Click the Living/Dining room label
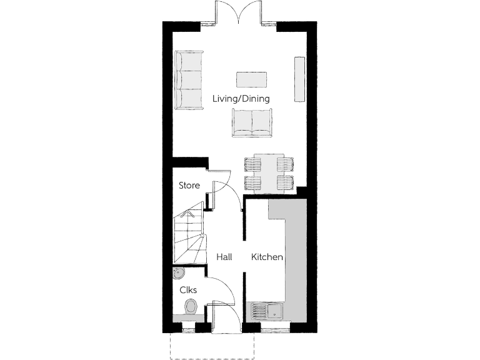(x=241, y=99)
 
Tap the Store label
(x=189, y=186)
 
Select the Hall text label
(x=224, y=257)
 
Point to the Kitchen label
(x=267, y=257)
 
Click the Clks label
(x=189, y=290)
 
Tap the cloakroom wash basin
(x=178, y=273)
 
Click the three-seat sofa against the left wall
(x=189, y=81)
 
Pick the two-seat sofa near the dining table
(x=252, y=122)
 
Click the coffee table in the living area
(x=252, y=79)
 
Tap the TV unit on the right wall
(x=299, y=79)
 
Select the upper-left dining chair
(x=253, y=164)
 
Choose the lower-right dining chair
(x=285, y=182)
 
